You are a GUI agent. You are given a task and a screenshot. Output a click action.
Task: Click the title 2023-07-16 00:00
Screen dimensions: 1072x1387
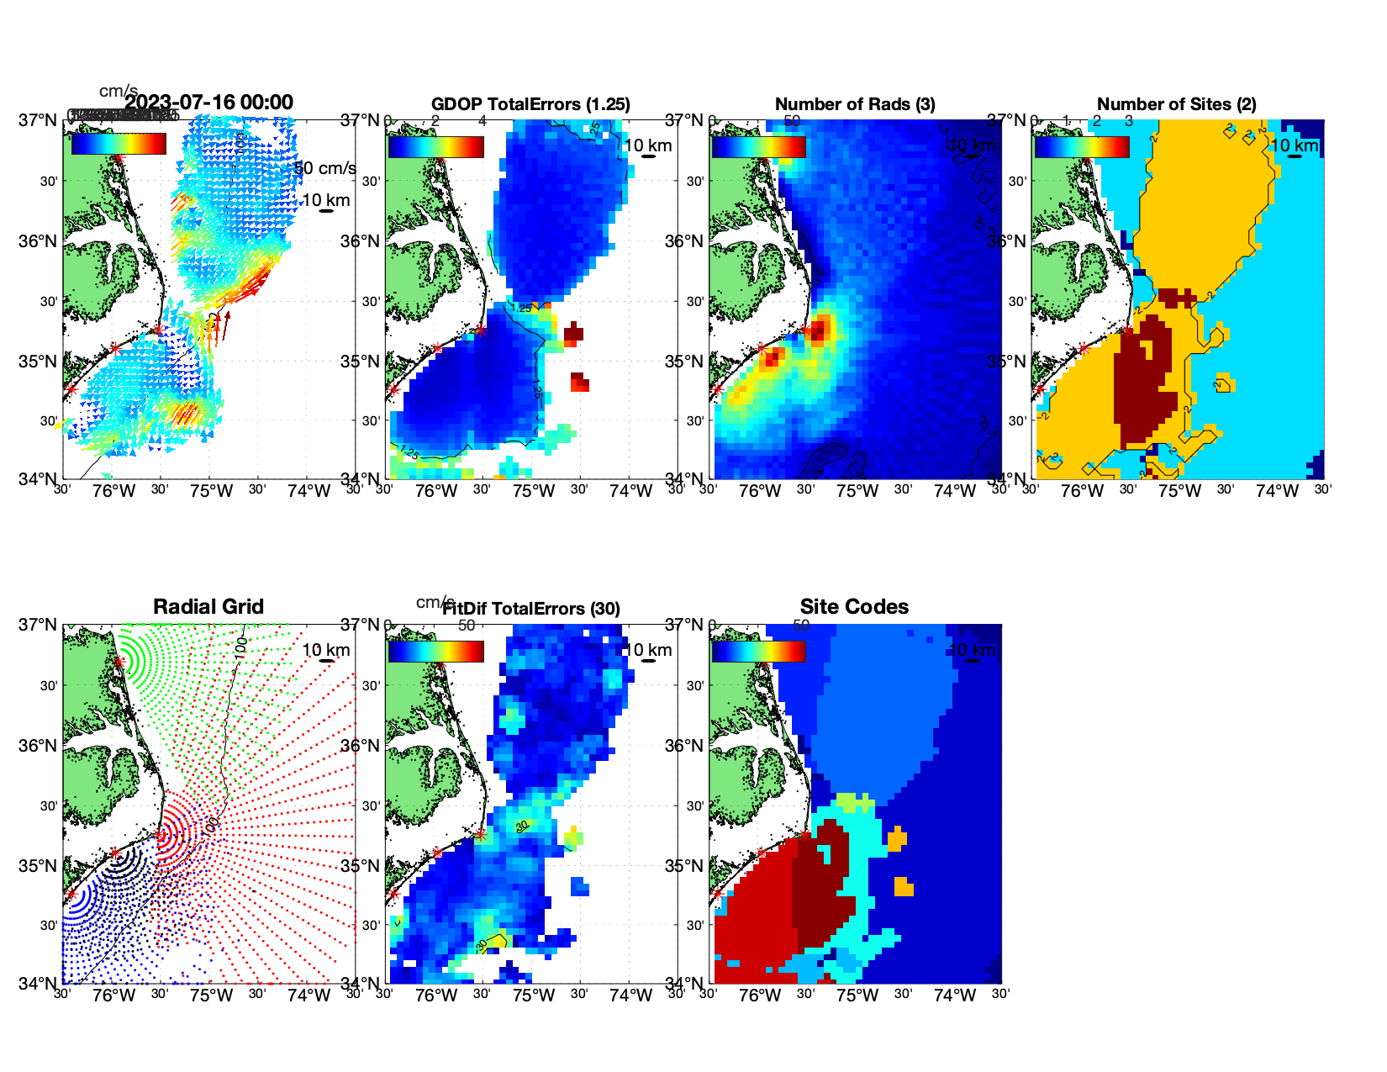click(x=208, y=103)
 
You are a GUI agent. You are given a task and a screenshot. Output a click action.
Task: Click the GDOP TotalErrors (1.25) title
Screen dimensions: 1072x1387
click(x=530, y=104)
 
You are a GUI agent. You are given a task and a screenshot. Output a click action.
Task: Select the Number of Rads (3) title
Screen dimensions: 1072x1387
click(x=855, y=104)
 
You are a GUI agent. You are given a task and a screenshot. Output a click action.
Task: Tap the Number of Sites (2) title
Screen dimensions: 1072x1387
click(x=1177, y=104)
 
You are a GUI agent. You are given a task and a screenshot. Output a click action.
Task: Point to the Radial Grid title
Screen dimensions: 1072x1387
click(x=208, y=607)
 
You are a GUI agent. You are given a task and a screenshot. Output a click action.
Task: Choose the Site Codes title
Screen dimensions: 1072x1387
click(x=854, y=607)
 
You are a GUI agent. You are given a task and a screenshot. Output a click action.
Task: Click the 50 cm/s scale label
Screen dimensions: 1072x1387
click(x=326, y=168)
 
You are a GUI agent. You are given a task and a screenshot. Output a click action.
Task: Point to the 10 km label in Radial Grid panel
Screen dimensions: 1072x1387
click(x=325, y=650)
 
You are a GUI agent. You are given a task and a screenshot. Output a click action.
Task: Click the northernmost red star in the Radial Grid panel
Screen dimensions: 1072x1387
click(x=119, y=662)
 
